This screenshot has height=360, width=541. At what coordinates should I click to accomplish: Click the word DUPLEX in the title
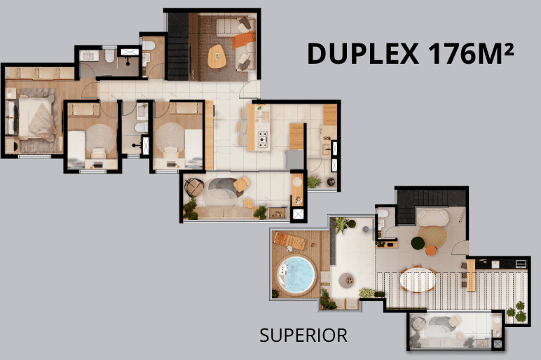coord(363,54)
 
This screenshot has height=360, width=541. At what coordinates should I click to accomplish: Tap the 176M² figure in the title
coord(471,53)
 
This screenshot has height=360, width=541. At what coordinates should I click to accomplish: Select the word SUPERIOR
coord(303,335)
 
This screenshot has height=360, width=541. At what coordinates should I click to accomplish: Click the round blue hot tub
coord(296,275)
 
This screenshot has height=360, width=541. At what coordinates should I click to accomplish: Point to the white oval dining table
coord(418,279)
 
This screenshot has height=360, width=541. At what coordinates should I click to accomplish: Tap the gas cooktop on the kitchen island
coord(263,140)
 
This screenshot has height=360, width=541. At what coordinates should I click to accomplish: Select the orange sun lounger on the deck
coord(289,241)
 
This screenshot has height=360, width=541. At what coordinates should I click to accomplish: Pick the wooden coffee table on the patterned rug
coord(217,56)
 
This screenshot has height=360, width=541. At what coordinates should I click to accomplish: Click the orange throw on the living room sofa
coord(243,41)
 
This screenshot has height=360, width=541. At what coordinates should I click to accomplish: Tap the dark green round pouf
coord(418,244)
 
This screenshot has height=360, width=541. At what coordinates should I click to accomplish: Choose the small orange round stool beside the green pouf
coord(431,250)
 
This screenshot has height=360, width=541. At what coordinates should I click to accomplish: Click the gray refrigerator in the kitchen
coord(294,160)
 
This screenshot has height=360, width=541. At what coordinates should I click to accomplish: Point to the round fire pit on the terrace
coord(346,280)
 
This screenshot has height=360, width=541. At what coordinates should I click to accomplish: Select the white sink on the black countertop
coord(495,264)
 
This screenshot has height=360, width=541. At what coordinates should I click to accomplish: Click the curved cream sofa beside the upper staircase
coord(432,217)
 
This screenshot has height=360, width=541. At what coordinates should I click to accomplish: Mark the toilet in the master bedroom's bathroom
coord(110,56)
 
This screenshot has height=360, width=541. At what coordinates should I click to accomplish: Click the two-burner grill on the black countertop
coord(521,264)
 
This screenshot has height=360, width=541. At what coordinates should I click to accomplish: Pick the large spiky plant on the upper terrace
coord(341,225)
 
